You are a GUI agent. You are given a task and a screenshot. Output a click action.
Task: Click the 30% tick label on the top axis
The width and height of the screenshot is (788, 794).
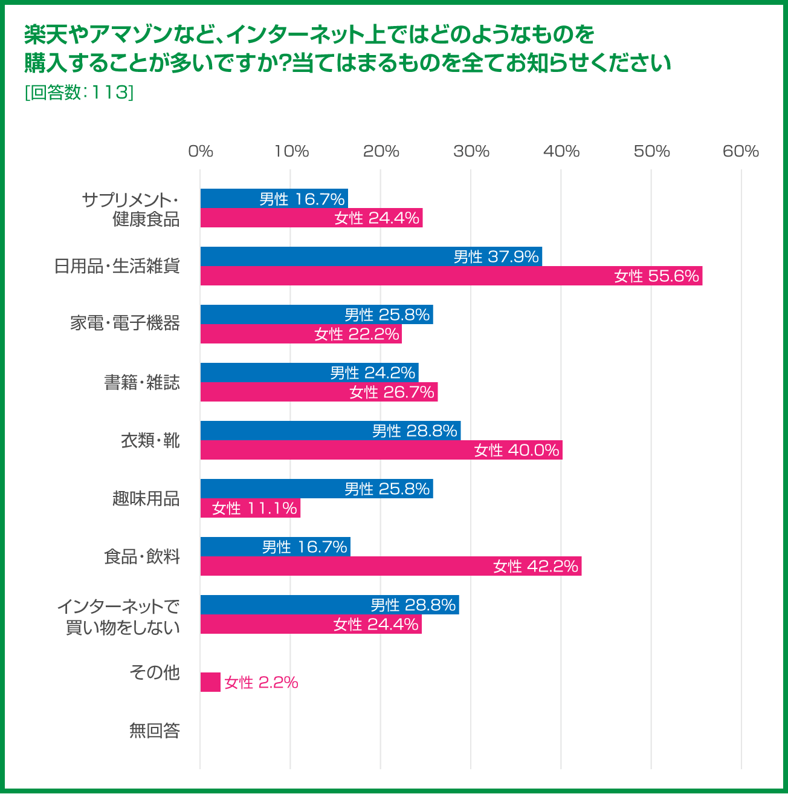(471, 151)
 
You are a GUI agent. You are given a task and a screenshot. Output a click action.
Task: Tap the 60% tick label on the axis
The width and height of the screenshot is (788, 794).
(741, 151)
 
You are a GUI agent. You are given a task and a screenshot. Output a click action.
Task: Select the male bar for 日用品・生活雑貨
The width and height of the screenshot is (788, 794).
(371, 256)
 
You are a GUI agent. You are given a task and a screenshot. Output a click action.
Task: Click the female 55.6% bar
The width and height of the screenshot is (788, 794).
(451, 276)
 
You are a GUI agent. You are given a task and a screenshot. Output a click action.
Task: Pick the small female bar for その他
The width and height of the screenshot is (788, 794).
(210, 682)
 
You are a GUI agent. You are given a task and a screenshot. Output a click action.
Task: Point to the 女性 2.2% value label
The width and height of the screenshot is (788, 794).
(261, 683)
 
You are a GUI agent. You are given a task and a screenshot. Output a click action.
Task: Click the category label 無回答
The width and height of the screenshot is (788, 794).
(155, 731)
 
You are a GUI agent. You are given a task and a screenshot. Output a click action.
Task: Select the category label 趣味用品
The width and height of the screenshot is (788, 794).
(146, 498)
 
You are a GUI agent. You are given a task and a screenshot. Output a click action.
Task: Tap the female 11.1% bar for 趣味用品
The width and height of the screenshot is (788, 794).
(250, 509)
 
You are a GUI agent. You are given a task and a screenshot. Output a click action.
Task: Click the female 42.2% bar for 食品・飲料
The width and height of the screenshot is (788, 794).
(390, 567)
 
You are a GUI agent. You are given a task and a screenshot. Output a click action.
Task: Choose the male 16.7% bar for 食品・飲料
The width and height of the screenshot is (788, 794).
(275, 547)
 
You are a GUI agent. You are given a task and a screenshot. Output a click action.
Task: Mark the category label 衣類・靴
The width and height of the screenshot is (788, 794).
(150, 440)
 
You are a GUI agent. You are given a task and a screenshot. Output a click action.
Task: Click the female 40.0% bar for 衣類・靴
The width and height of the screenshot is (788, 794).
(381, 451)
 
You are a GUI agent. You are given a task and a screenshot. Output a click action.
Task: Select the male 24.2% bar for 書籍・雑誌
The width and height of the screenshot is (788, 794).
(309, 373)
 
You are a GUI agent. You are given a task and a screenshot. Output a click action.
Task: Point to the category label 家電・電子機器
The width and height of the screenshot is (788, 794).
(125, 323)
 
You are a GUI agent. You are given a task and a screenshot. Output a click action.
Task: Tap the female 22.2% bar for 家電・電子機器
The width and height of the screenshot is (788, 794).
(301, 334)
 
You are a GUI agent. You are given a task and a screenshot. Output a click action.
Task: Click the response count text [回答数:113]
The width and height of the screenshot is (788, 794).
(79, 92)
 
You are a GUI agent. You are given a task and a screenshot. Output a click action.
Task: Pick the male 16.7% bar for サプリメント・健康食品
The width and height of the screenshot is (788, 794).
(274, 198)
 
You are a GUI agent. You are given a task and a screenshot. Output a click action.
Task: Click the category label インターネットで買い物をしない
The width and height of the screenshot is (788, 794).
(119, 616)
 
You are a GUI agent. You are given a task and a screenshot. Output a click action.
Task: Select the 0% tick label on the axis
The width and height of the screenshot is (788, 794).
(201, 151)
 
